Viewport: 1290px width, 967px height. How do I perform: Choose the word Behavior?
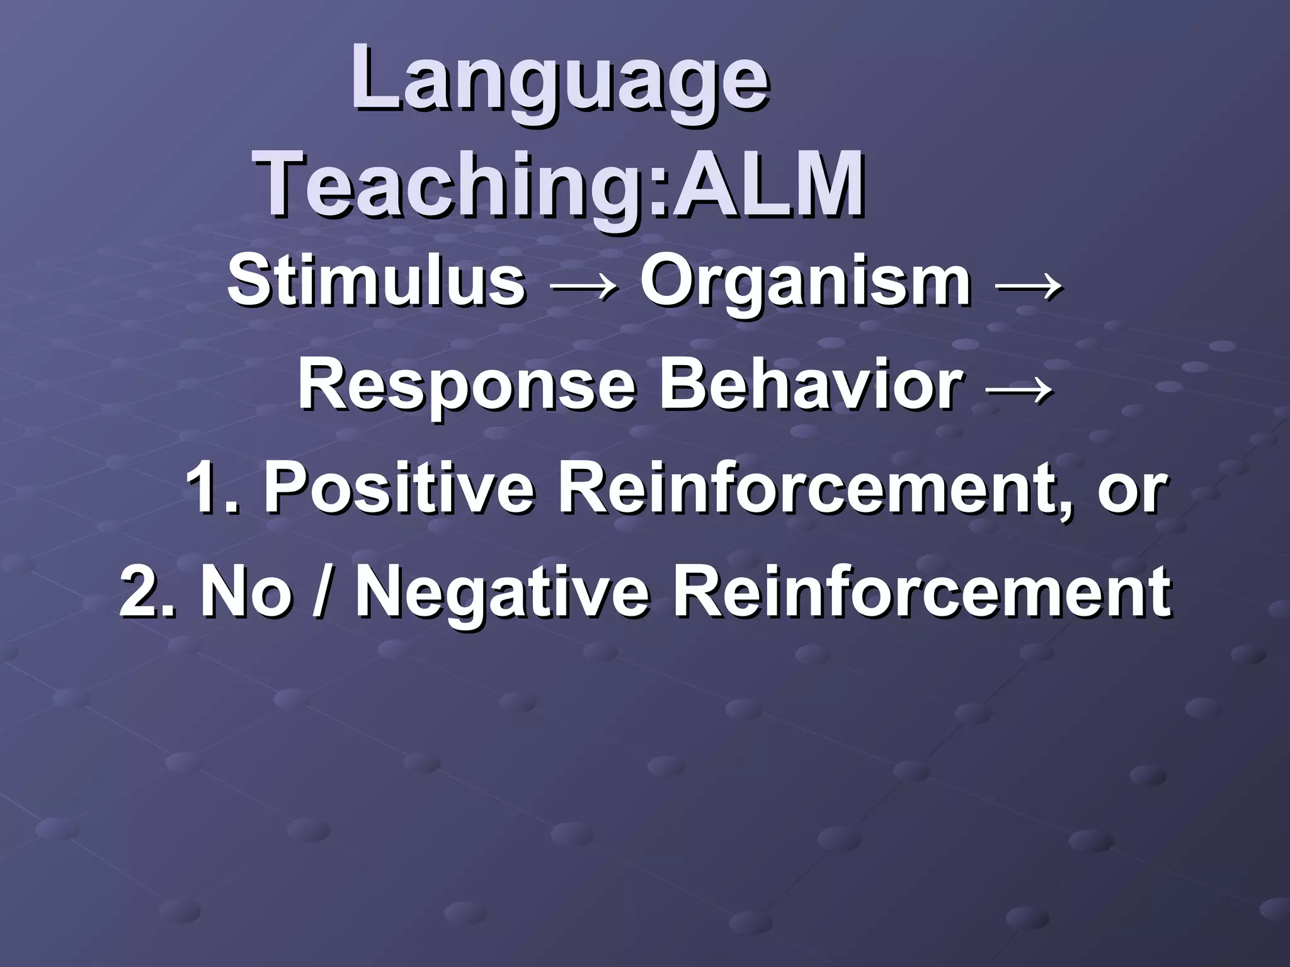811,383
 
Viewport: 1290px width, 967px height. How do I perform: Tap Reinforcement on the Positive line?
814,489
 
